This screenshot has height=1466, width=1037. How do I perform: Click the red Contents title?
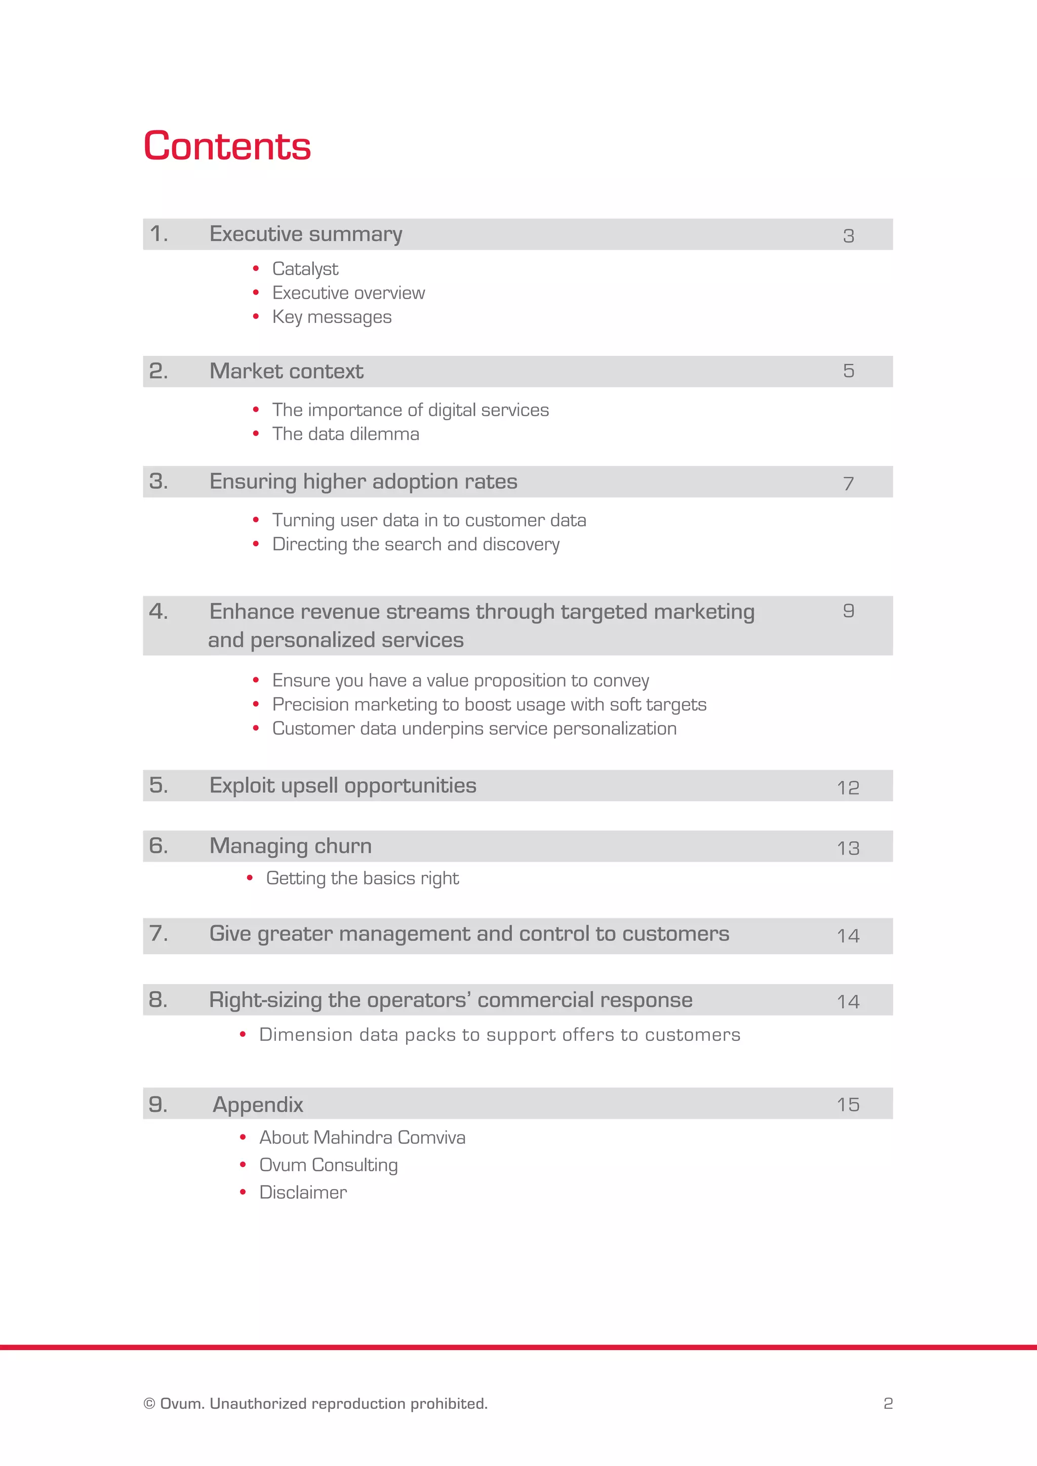(x=227, y=146)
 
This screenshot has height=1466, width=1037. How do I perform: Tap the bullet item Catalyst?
(x=305, y=269)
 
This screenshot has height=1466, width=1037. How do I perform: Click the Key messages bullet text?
(x=332, y=317)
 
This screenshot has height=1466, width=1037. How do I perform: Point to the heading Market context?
(x=286, y=371)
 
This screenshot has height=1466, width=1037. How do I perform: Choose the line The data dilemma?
(x=345, y=434)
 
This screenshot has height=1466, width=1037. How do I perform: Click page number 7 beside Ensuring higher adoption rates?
(x=848, y=483)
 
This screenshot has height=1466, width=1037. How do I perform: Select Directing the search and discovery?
(x=416, y=544)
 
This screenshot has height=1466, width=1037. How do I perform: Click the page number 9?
(x=848, y=611)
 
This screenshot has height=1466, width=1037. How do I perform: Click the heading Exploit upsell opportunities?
(x=342, y=785)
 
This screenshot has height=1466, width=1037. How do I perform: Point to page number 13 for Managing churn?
(x=848, y=848)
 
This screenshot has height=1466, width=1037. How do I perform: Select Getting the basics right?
(x=362, y=879)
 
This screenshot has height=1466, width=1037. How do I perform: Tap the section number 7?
(x=157, y=933)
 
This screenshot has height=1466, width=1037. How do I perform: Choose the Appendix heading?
(x=257, y=1105)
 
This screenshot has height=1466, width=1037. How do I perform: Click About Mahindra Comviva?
(x=362, y=1138)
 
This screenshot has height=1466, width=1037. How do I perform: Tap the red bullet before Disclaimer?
(x=243, y=1192)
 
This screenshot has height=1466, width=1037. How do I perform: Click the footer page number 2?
(x=888, y=1403)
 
